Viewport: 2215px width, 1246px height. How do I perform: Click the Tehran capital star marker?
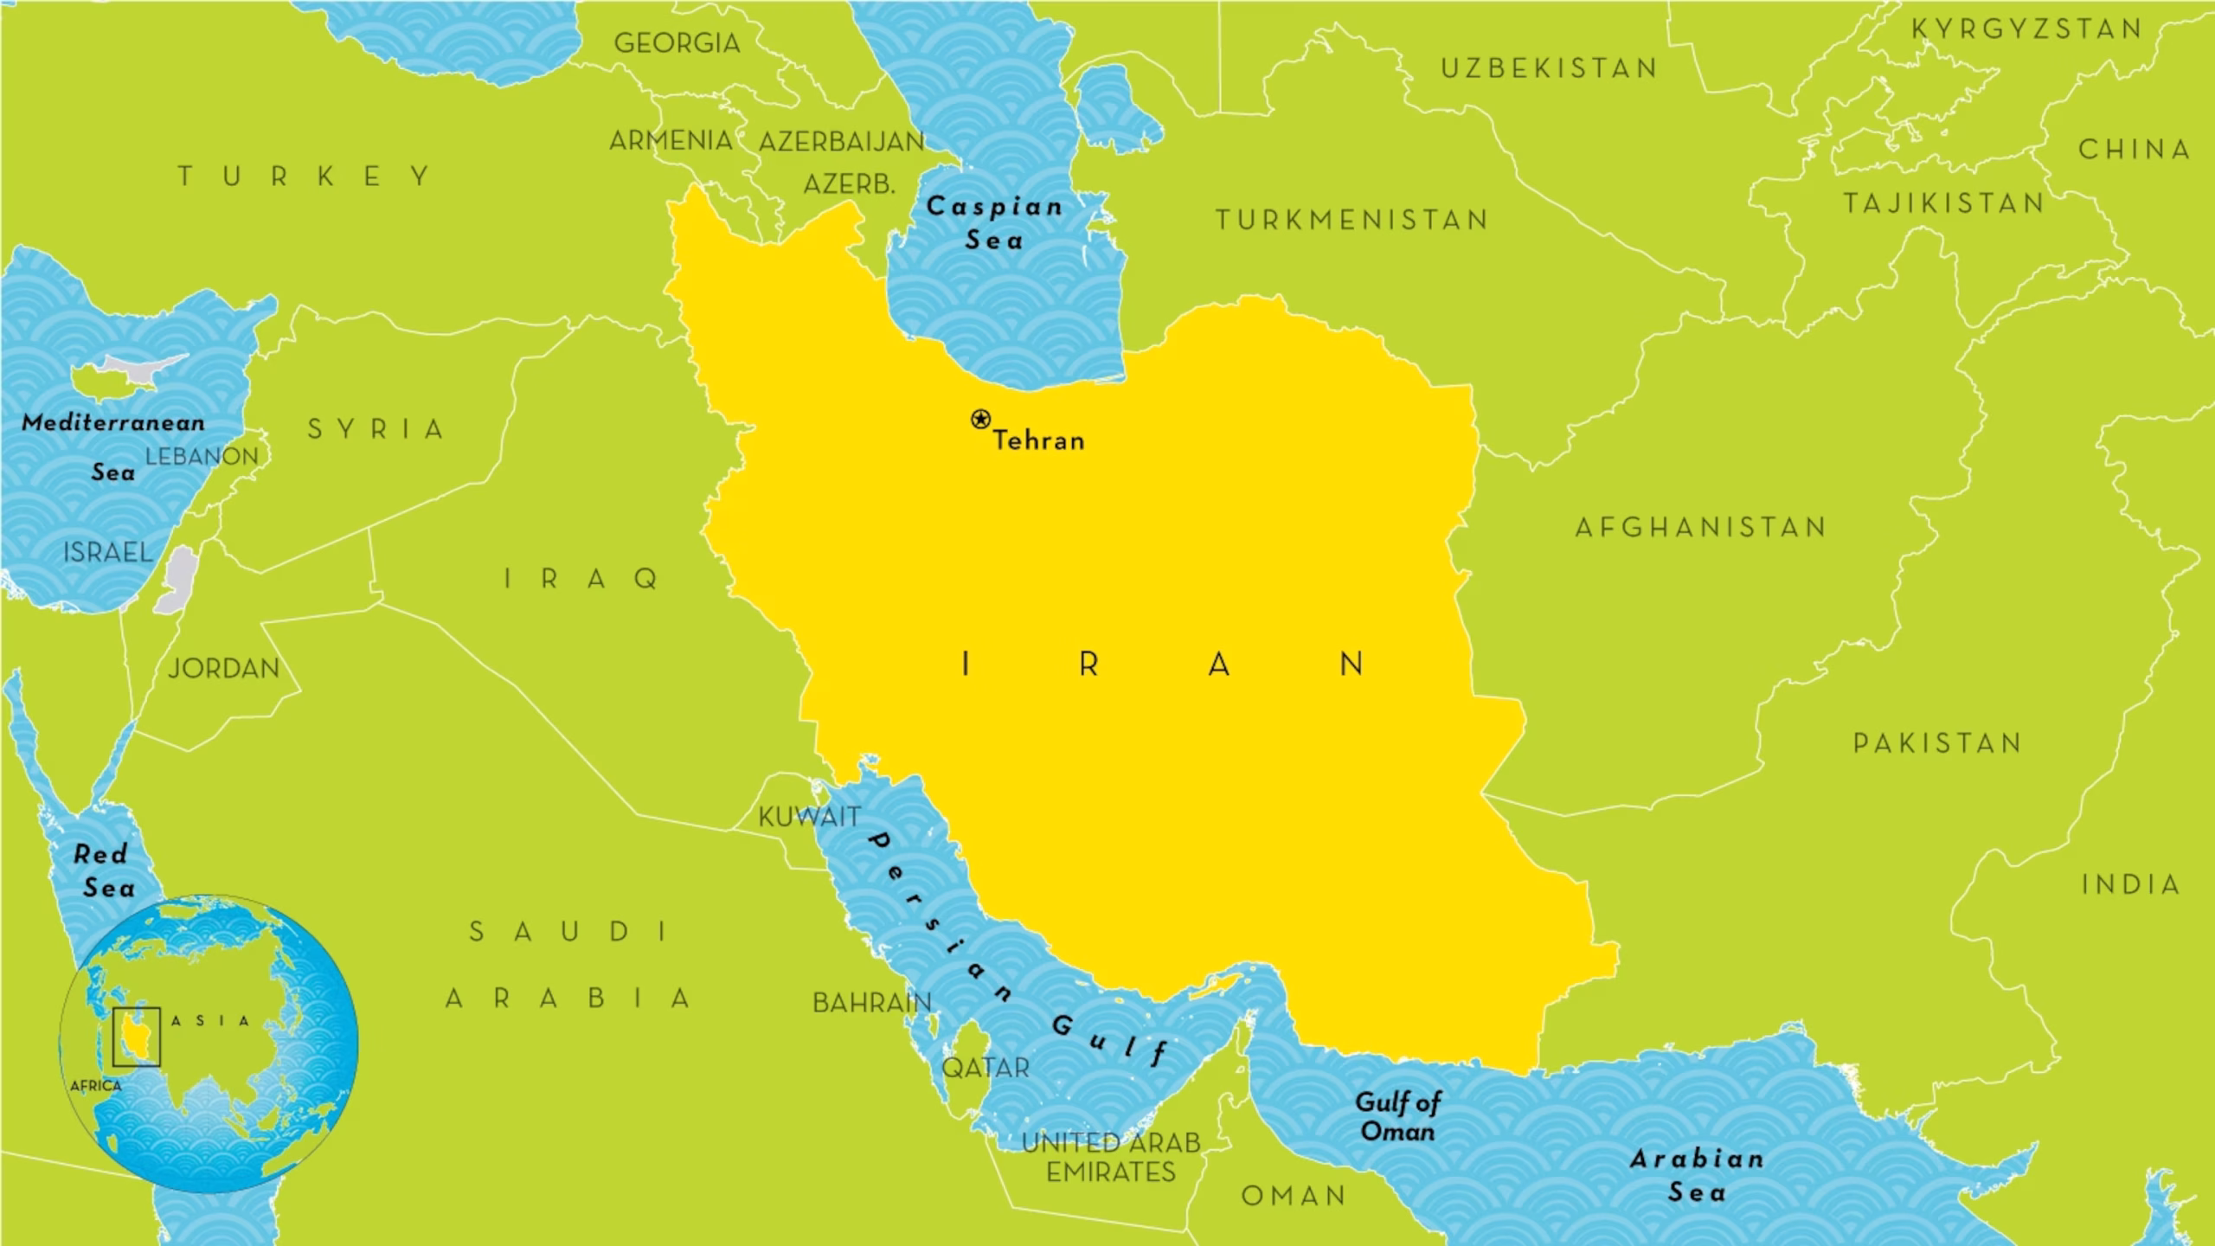point(979,420)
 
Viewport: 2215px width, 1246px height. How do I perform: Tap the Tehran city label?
point(1038,440)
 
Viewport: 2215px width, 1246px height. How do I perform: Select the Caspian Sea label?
point(994,222)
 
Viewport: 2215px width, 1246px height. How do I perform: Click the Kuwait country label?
point(809,816)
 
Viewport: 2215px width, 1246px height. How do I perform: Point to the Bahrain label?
point(871,1002)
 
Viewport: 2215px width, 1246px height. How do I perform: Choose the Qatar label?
point(986,1068)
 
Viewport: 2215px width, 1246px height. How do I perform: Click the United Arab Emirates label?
point(1111,1157)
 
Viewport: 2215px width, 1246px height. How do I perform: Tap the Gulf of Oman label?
point(1397,1116)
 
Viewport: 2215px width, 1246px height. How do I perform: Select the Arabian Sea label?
point(1697,1175)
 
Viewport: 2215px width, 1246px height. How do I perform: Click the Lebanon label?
point(202,456)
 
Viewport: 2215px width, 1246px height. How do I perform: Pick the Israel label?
point(107,552)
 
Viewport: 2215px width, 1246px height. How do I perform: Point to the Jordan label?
point(224,668)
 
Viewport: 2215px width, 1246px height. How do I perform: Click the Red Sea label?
point(104,870)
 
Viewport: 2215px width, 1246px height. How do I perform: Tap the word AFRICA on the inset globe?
point(96,1086)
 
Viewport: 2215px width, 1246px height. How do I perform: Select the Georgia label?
point(677,42)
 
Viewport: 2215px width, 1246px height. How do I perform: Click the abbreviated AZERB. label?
point(849,184)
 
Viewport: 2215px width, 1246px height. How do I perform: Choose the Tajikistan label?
point(1943,203)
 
